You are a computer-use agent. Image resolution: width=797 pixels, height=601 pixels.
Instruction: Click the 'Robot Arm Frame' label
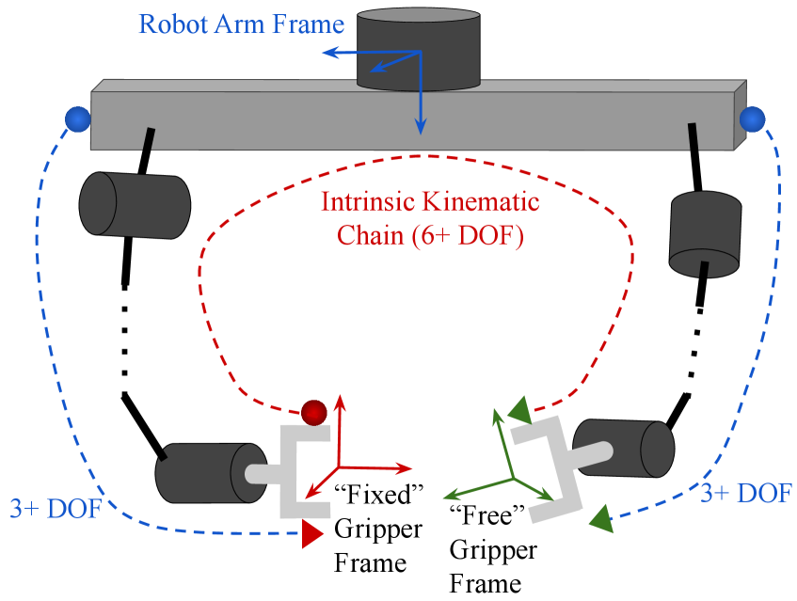[241, 24]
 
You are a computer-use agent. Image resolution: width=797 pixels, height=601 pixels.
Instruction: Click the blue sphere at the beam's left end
[77, 119]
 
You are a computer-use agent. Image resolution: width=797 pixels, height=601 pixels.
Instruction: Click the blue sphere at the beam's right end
[752, 119]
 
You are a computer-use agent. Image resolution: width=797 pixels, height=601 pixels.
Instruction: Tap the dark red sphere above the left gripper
[313, 412]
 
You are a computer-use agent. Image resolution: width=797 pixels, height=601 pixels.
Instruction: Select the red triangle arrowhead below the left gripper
[312, 535]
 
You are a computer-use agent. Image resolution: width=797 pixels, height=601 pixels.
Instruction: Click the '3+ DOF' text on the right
[745, 493]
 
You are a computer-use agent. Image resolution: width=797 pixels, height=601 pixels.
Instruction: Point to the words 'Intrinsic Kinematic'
[430, 201]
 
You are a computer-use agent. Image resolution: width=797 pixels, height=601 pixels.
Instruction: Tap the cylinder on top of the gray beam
[419, 49]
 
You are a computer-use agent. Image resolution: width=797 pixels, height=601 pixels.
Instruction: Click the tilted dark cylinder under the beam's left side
[134, 204]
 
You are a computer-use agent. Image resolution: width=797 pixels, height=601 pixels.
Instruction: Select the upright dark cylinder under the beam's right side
[705, 233]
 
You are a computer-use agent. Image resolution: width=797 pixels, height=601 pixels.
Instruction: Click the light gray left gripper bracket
[299, 470]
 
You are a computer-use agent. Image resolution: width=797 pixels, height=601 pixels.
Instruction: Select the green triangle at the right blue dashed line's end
[601, 518]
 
